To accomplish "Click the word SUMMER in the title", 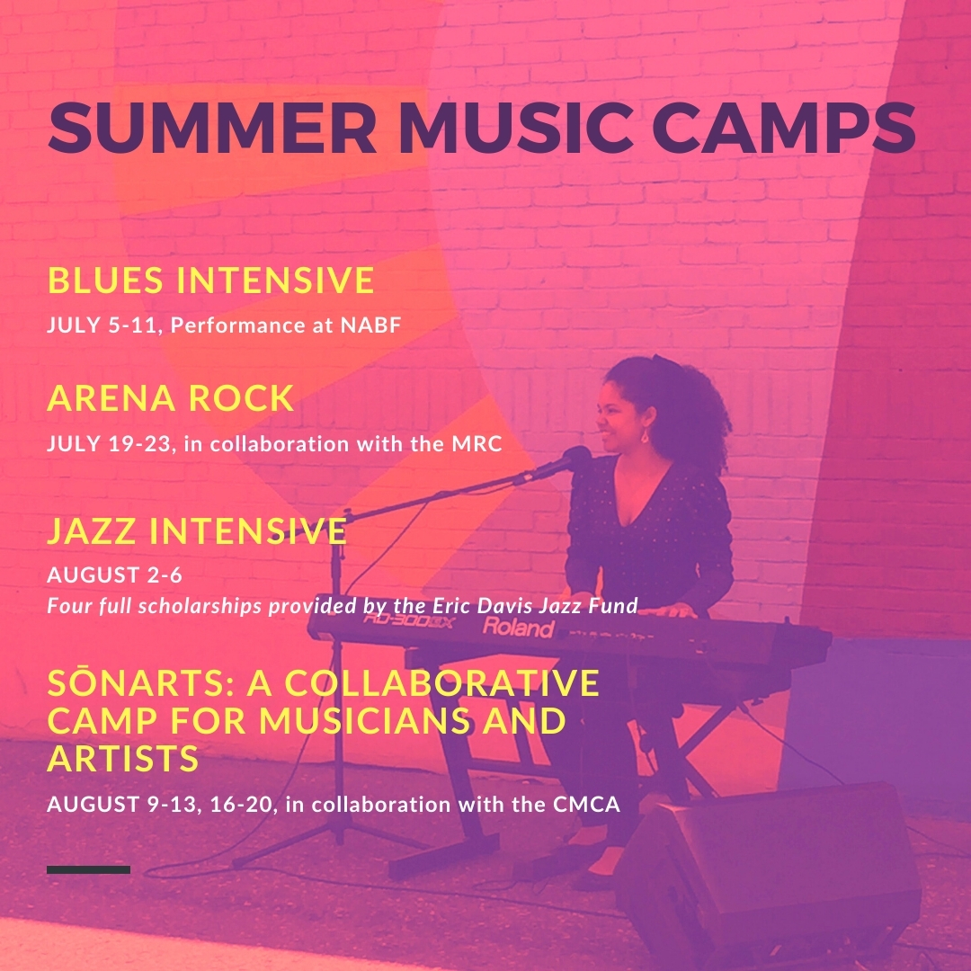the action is (x=212, y=127).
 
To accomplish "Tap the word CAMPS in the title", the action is (x=784, y=127).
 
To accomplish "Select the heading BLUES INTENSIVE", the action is (x=211, y=280).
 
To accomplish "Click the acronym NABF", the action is (x=371, y=325).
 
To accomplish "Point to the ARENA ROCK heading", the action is (x=170, y=397).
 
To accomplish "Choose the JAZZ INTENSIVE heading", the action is (x=197, y=530).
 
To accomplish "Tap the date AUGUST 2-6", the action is (x=114, y=575).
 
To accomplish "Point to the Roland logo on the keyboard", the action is (x=518, y=628).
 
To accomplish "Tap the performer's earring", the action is (x=645, y=436).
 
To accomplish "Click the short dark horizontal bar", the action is (x=88, y=869).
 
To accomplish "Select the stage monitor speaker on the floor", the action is (x=768, y=873).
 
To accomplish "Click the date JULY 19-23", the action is (x=109, y=443).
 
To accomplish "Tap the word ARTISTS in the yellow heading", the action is (x=122, y=759).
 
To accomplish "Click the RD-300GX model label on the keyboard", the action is (x=409, y=619).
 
